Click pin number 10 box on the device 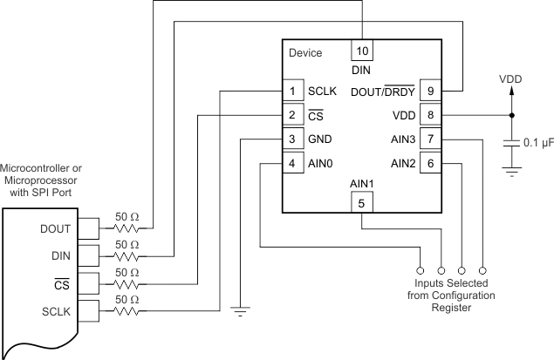coord(361,50)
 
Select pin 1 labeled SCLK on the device coord(292,91)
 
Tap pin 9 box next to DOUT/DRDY coord(428,91)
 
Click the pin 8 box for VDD coord(428,115)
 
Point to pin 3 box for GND coord(292,139)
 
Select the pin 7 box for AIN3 coord(428,139)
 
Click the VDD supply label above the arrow coord(510,78)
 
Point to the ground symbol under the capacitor coord(511,173)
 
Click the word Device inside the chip coord(305,53)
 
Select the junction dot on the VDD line coord(511,115)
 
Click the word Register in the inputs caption coord(451,307)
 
